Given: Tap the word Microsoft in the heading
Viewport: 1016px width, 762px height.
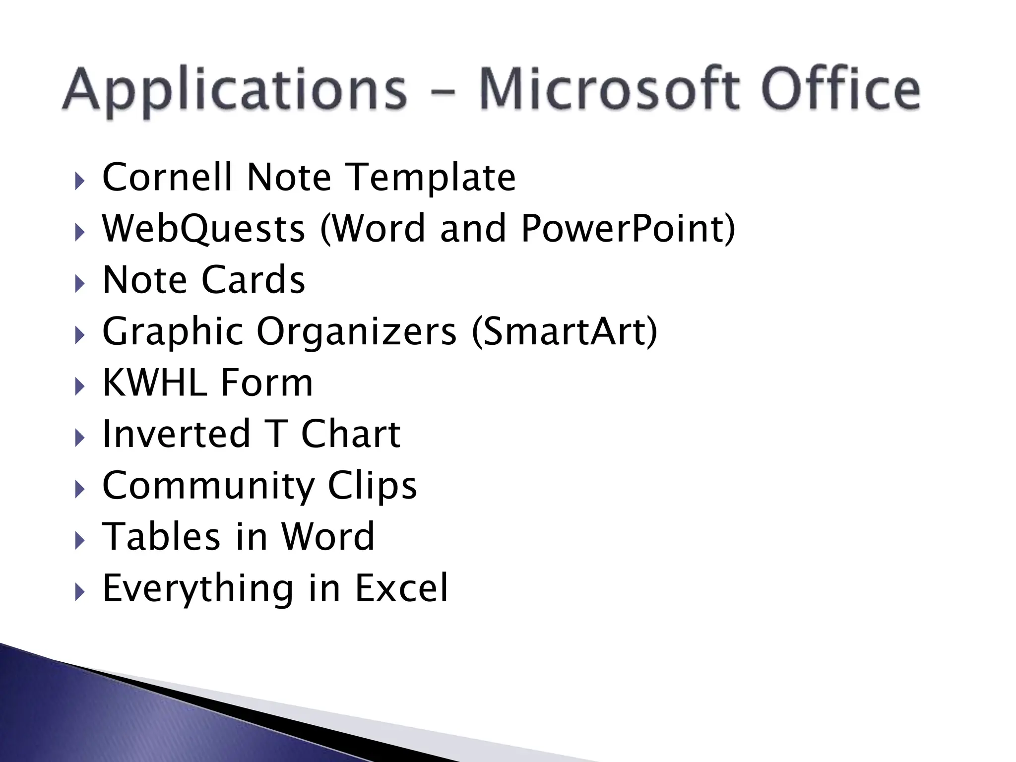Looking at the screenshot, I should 608,89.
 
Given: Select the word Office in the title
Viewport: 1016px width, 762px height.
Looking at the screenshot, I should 840,89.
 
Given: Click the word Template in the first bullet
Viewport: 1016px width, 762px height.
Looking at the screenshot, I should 430,178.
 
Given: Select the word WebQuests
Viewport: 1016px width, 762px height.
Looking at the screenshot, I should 203,229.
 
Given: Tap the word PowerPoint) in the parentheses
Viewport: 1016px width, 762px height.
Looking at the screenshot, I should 628,229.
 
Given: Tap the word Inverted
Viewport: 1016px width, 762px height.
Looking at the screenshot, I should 176,434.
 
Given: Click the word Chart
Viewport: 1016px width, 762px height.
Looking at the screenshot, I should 350,434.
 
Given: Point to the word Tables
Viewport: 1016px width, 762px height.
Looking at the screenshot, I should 161,537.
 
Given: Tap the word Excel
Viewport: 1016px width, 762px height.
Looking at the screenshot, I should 401,588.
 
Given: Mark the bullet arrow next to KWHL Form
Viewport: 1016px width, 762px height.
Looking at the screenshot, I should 80,386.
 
